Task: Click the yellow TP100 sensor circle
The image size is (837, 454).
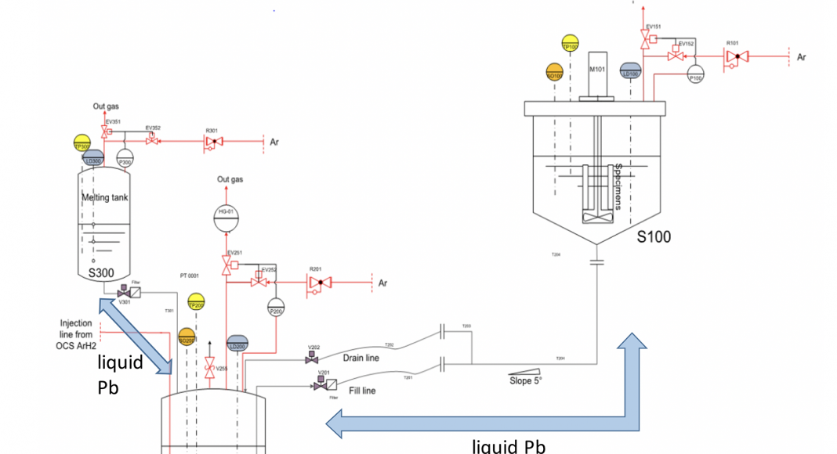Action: coord(570,44)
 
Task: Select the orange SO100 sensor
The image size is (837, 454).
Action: coord(555,72)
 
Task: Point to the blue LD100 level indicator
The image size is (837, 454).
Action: coord(629,71)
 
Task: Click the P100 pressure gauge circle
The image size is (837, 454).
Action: coord(696,74)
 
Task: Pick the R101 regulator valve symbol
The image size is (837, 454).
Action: coord(736,56)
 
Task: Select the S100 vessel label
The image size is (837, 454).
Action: coord(653,236)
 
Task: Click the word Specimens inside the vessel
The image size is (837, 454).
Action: coord(618,186)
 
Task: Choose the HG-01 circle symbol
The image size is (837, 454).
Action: coord(226,215)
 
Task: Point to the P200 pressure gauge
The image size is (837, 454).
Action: coord(276,307)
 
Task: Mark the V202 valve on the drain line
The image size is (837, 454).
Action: coord(312,359)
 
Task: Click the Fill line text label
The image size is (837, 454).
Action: coord(363,390)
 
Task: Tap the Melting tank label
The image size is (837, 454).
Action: coord(105,198)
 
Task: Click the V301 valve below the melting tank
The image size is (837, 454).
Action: coord(123,294)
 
